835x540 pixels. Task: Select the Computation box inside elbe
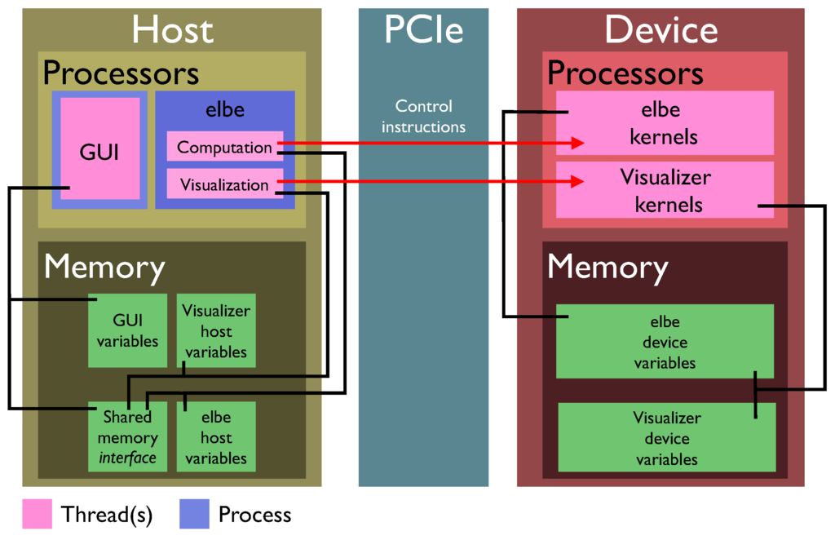point(224,147)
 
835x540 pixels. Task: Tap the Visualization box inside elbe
point(224,184)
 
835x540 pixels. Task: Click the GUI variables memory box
point(127,330)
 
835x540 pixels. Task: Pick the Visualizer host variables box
point(216,330)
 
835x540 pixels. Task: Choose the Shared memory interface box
point(127,437)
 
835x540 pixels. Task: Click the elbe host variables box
point(216,437)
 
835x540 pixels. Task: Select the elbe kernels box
point(664,122)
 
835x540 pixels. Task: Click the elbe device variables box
point(665,342)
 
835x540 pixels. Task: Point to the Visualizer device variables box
point(666,438)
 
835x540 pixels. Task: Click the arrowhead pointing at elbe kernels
point(578,143)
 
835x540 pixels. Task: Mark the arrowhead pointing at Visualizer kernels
point(578,181)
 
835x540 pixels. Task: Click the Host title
point(172,30)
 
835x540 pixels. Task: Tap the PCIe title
point(423,30)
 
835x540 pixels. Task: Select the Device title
point(660,30)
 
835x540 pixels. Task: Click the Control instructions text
point(423,116)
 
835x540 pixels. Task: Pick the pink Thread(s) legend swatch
point(37,514)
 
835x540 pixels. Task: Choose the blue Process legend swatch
point(193,514)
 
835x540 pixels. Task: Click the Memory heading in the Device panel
point(607,267)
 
